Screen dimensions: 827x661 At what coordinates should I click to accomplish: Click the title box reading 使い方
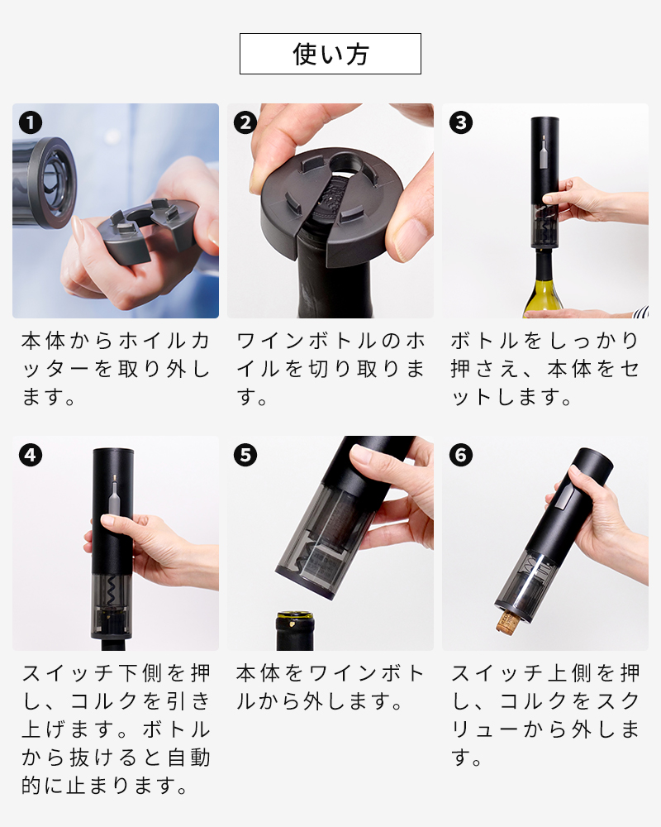tap(330, 54)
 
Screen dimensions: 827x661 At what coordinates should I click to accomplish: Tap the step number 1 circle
tap(31, 123)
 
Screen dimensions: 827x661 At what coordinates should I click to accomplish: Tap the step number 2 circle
tap(245, 123)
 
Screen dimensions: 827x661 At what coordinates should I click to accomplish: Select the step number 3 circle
tap(460, 123)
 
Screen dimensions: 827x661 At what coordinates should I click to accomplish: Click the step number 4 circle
tap(31, 455)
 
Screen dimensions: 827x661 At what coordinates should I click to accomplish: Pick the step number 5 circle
tap(245, 455)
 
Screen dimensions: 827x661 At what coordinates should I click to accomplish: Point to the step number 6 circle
tap(460, 455)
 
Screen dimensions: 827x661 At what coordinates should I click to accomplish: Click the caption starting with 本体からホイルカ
tap(116, 370)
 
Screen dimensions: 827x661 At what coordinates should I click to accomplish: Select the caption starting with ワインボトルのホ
tap(330, 370)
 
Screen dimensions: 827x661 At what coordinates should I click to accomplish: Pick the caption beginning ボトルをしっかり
tap(545, 370)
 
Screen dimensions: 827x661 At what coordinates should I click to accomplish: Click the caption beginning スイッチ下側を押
tap(116, 729)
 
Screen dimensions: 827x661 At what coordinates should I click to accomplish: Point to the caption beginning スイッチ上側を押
tap(545, 715)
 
